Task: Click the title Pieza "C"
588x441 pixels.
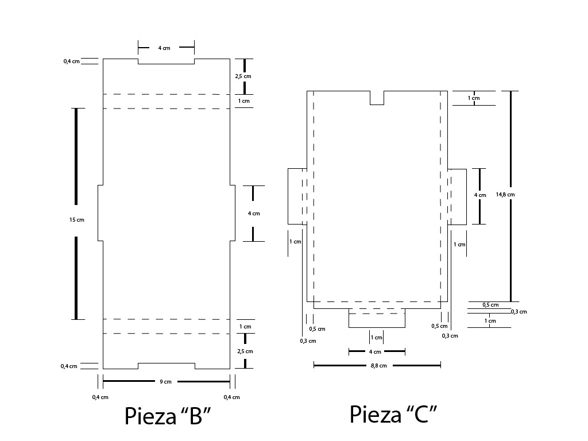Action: click(393, 414)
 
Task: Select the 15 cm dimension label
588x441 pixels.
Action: click(76, 220)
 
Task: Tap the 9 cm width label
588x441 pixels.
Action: click(165, 382)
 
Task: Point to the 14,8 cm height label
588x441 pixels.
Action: click(505, 195)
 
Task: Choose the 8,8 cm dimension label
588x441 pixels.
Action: click(378, 365)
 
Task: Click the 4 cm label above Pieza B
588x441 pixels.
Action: click(164, 48)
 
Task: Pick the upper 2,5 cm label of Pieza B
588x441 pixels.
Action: click(243, 76)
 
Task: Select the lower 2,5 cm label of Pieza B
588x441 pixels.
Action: click(245, 351)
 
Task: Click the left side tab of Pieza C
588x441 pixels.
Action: click(297, 196)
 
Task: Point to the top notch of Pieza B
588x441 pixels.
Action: click(166, 61)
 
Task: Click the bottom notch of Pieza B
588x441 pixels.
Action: click(166, 366)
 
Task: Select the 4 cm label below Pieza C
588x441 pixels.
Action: click(374, 351)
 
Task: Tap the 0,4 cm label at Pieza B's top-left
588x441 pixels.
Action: click(71, 61)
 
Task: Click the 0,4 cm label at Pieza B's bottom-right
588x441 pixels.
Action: click(232, 397)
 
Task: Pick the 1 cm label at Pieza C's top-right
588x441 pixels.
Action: click(474, 98)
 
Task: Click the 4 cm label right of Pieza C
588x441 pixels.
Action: click(479, 195)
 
